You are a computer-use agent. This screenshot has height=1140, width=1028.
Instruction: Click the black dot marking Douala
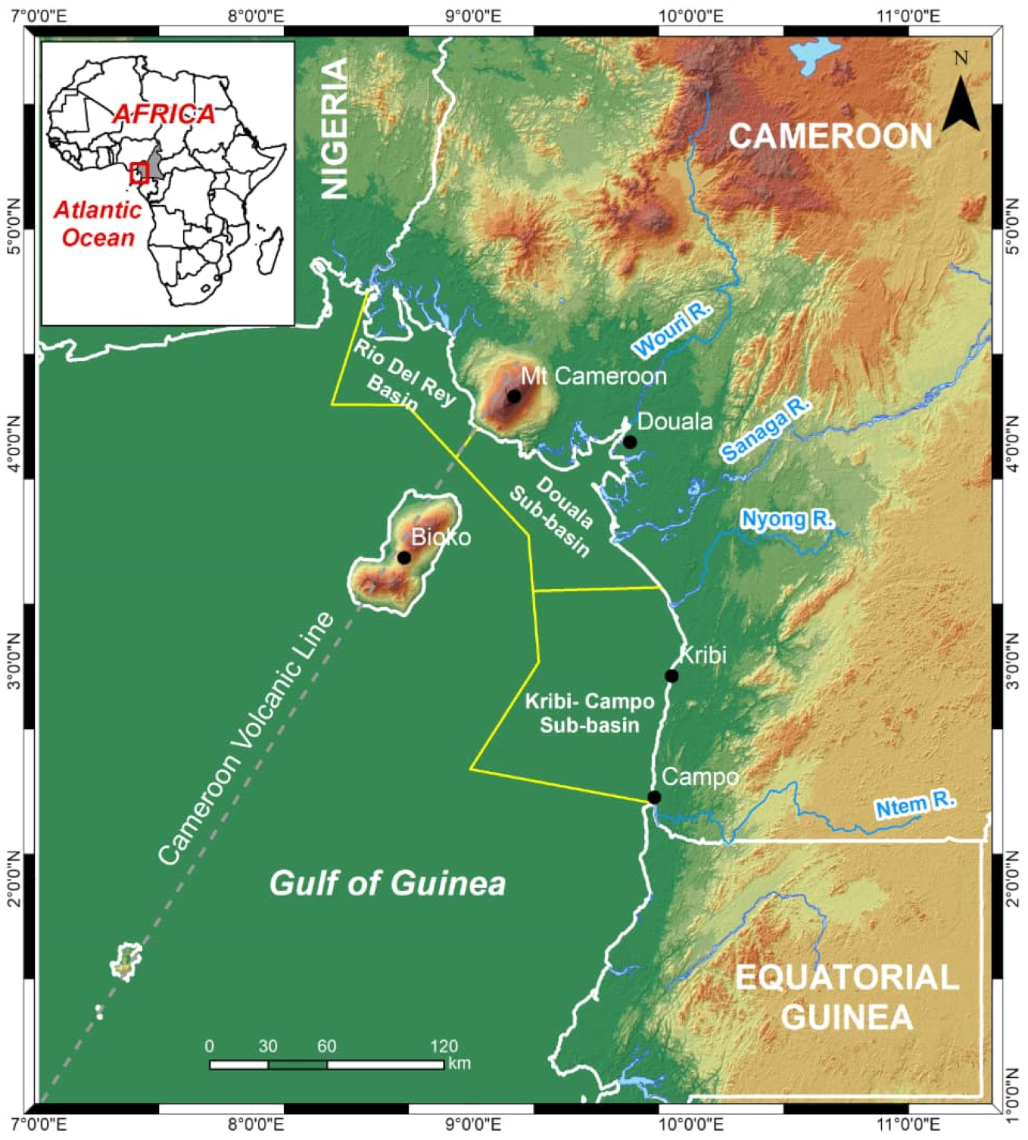pos(630,442)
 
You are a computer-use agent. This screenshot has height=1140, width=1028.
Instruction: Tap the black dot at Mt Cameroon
pos(514,396)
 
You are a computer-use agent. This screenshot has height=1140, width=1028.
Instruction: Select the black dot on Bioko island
pos(404,558)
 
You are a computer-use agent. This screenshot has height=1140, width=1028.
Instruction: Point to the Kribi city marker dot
pos(671,676)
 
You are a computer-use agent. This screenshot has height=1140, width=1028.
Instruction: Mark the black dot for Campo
pos(654,797)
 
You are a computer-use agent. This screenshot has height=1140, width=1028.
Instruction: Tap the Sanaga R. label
pos(765,429)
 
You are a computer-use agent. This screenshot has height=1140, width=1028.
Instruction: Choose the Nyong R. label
pos(787,519)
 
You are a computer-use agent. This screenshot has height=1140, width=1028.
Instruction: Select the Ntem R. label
pos(915,805)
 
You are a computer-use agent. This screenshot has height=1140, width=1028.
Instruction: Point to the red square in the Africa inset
pos(139,173)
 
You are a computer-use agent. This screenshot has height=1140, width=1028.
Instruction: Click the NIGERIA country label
pos(335,129)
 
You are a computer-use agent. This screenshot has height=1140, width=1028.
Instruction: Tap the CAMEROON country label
pos(830,137)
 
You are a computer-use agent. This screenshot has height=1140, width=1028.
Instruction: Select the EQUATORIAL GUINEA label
pos(847,997)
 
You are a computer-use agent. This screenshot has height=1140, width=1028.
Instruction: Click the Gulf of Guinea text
pos(388,883)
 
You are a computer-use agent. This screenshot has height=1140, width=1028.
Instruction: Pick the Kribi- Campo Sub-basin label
pos(589,713)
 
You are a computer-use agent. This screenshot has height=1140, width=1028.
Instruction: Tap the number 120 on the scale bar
pos(444,1046)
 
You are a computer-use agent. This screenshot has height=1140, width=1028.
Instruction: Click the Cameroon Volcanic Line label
pos(245,738)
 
